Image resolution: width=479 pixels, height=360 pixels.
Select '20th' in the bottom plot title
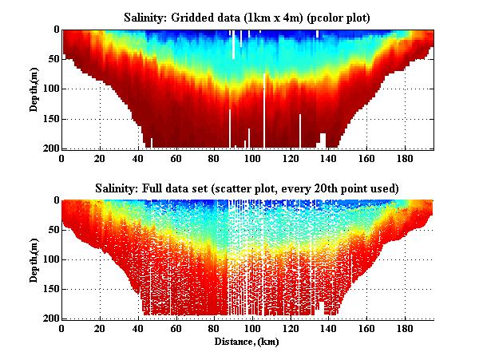click(x=335, y=188)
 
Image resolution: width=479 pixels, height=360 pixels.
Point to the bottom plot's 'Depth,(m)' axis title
click(x=36, y=259)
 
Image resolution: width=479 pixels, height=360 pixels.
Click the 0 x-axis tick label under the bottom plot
click(x=62, y=328)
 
